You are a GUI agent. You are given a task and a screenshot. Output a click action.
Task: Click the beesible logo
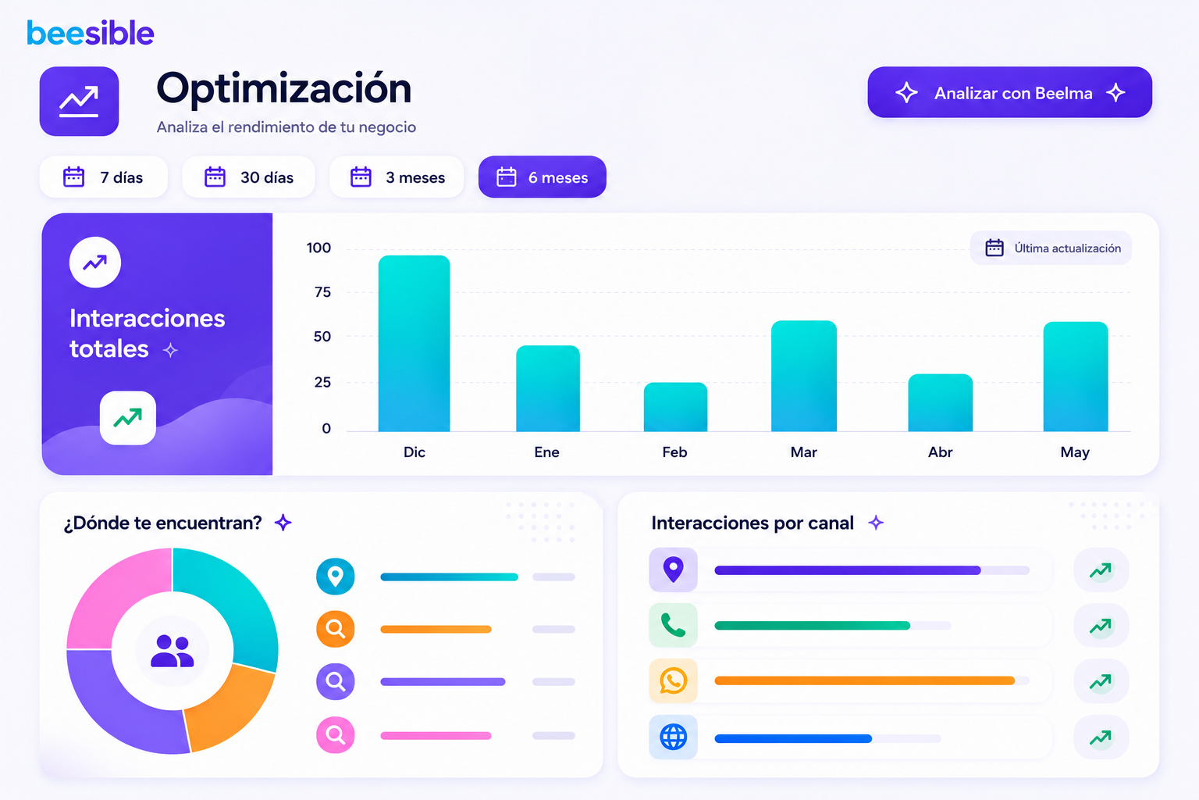click(91, 33)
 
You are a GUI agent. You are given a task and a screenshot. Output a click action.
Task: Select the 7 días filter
click(103, 177)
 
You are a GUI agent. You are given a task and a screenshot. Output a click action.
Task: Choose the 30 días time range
click(248, 177)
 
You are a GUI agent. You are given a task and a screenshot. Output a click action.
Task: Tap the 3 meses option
click(397, 177)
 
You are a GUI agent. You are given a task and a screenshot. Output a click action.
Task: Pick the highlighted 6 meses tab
click(543, 177)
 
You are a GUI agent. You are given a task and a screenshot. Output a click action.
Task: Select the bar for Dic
click(414, 344)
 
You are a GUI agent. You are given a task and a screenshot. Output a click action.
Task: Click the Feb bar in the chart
click(675, 407)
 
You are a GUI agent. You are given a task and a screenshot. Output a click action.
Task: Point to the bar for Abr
click(941, 402)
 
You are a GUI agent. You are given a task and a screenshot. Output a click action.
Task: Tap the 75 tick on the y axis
click(322, 292)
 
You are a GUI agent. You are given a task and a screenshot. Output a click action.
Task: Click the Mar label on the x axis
click(803, 452)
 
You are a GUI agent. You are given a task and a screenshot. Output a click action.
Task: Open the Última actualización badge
click(1051, 248)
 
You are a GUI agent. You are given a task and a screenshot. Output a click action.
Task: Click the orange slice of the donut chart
click(231, 705)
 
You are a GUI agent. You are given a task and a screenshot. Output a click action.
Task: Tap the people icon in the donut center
click(173, 651)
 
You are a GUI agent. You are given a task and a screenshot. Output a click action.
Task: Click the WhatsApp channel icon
click(674, 681)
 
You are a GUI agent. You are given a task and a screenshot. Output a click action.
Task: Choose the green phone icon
click(674, 625)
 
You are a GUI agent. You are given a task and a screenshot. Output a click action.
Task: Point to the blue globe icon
click(674, 737)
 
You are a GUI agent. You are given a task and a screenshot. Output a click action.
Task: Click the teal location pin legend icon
click(336, 577)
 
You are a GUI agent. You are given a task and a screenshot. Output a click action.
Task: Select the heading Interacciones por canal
click(752, 523)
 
